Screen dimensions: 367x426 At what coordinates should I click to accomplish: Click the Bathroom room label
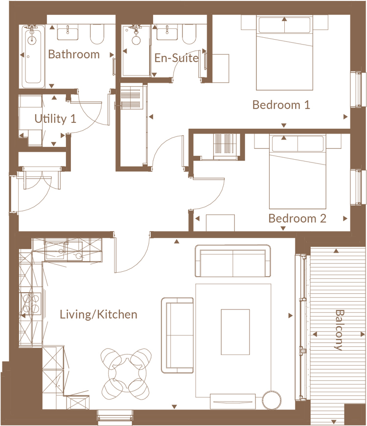pos(74,54)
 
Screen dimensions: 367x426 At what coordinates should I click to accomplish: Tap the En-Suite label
pos(177,58)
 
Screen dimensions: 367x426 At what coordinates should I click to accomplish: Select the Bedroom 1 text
pos(281,105)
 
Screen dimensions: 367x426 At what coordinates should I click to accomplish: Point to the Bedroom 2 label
pos(297,218)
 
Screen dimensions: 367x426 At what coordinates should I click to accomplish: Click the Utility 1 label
pos(55,119)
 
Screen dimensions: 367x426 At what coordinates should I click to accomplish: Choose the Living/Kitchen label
pos(98,315)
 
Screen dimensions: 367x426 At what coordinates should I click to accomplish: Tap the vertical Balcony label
pos(339,330)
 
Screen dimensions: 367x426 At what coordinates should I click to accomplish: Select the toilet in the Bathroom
pos(97,34)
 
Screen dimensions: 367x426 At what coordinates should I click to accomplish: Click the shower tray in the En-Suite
pos(136,51)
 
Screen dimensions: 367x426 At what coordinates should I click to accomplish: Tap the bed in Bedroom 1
pos(284,53)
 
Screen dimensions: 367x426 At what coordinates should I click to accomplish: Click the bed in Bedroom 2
pos(298,171)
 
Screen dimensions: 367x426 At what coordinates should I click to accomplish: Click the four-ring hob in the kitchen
pos(31,304)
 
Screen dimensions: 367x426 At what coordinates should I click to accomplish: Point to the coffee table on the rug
pos(235,332)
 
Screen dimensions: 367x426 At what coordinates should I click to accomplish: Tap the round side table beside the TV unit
pos(272,400)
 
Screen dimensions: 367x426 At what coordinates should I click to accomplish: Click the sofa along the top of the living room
pos(233,261)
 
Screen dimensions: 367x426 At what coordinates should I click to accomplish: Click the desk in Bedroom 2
pos(220,223)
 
